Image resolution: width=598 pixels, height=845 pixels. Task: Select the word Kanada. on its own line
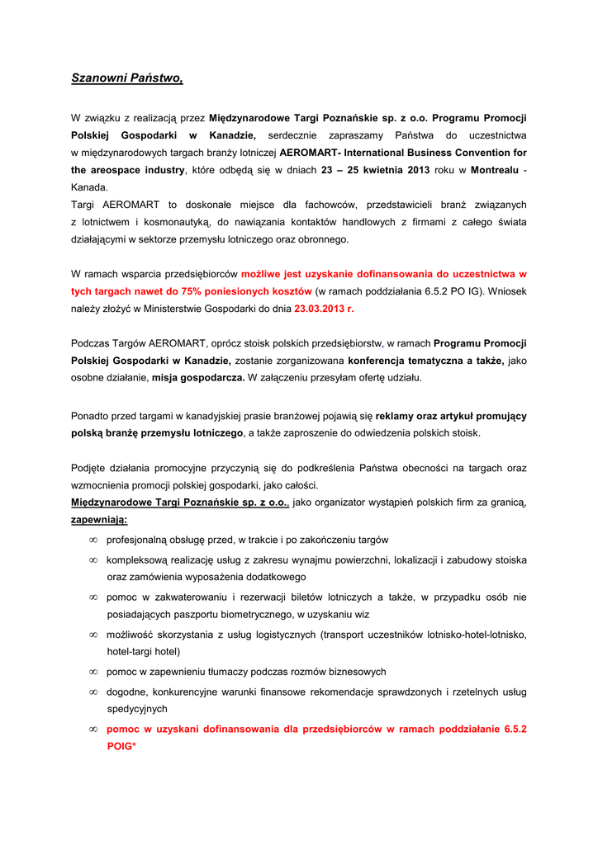click(89, 187)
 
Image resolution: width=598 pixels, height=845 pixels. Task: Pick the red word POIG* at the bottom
click(121, 746)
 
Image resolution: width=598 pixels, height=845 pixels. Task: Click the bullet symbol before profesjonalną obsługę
click(93, 541)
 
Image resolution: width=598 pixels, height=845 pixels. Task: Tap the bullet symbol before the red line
click(93, 729)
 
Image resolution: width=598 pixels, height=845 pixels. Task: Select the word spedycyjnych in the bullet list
click(137, 709)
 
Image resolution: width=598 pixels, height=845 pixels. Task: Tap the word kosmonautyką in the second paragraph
click(178, 222)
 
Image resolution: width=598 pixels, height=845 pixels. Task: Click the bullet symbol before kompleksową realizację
click(93, 560)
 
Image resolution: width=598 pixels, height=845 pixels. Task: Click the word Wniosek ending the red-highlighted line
click(507, 290)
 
